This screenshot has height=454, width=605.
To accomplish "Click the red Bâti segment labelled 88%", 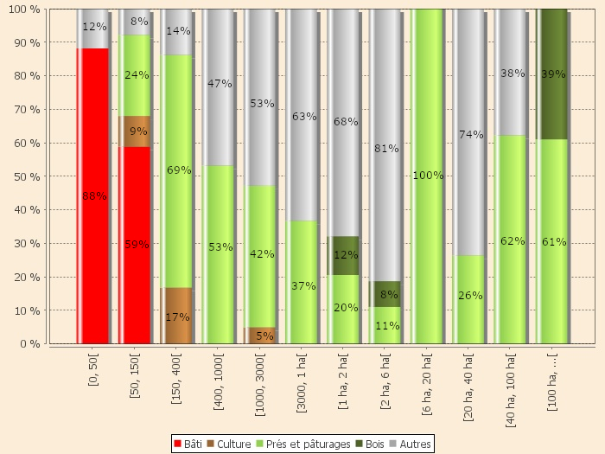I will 92,196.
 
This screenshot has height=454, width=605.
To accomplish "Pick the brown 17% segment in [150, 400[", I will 176,316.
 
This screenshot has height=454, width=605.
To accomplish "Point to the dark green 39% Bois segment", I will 553,74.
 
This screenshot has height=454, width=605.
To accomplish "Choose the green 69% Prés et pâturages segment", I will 176,171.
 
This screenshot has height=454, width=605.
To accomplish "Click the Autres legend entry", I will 411,444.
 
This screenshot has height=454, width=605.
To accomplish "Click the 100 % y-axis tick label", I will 26,10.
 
